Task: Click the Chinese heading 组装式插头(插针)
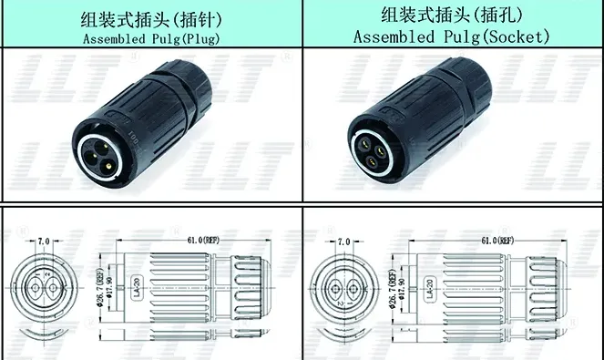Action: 152,17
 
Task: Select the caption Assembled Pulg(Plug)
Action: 152,38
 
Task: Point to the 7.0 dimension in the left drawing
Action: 44,242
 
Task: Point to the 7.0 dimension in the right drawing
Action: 343,242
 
